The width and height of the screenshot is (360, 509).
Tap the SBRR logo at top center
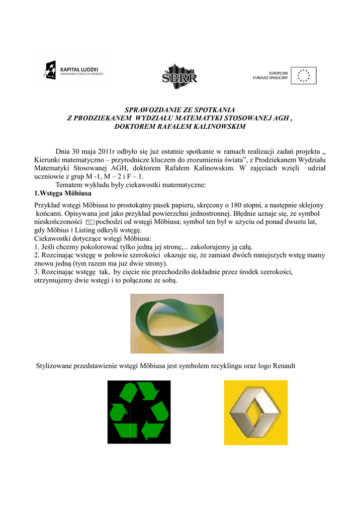[x=180, y=77]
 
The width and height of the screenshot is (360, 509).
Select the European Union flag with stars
[x=303, y=76]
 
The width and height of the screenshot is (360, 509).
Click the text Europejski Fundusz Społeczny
[x=270, y=76]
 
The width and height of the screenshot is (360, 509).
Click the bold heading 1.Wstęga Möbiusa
[x=63, y=192]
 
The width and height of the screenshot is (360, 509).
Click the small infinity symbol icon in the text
[x=90, y=222]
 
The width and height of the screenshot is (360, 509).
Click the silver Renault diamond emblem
[x=255, y=413]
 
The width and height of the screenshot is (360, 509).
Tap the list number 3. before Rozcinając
[x=37, y=272]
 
